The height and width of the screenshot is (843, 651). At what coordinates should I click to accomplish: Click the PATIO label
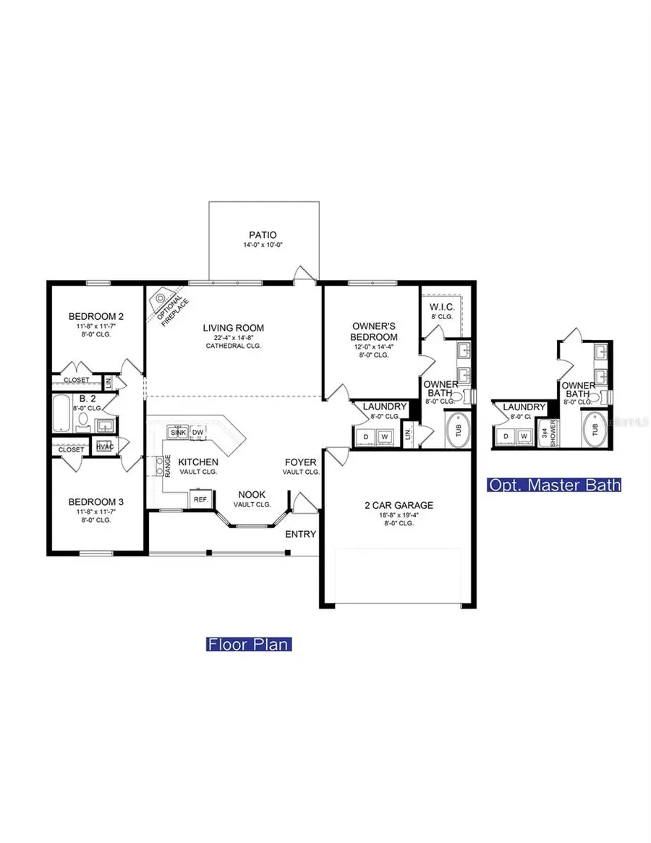tap(263, 234)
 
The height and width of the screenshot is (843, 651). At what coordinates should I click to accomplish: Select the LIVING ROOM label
tap(233, 328)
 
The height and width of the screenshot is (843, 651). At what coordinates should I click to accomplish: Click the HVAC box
tap(104, 447)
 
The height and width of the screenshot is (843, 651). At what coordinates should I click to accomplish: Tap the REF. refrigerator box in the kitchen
tap(200, 499)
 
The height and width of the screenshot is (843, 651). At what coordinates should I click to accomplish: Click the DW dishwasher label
tap(197, 433)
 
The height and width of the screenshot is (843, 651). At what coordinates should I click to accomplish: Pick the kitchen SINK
tap(176, 433)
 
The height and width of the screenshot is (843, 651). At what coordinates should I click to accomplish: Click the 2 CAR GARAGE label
tap(399, 505)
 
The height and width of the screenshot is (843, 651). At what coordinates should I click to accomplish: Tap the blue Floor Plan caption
tap(249, 643)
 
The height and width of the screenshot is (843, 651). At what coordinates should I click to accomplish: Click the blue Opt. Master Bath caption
tap(555, 485)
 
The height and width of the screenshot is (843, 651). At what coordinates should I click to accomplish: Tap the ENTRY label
tap(301, 534)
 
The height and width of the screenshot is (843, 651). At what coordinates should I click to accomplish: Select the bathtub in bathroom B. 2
tap(63, 412)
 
